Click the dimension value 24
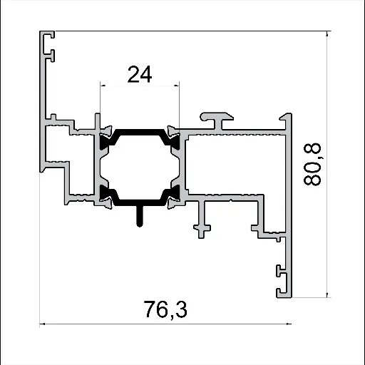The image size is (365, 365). click(x=140, y=74)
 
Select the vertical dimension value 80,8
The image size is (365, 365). click(x=313, y=164)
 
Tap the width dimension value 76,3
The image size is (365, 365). click(x=165, y=310)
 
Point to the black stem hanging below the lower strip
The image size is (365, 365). click(x=140, y=215)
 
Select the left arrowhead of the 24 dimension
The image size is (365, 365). click(x=104, y=86)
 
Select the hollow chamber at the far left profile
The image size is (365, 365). click(x=57, y=146)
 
